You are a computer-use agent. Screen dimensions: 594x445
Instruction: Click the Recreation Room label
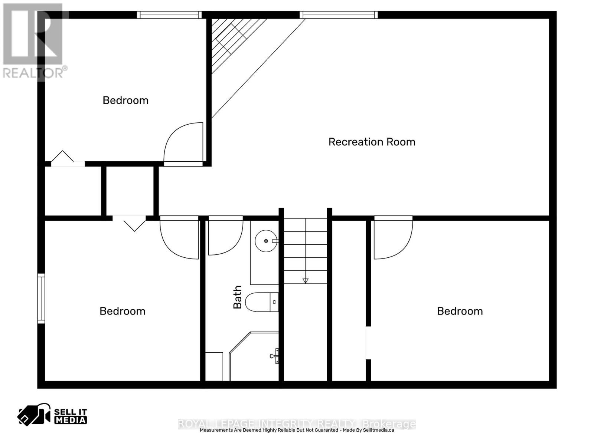[372, 142]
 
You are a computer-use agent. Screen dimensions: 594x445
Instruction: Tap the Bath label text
[237, 297]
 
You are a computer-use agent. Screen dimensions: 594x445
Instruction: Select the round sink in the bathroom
[266, 241]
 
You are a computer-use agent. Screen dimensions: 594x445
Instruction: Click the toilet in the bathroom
[262, 302]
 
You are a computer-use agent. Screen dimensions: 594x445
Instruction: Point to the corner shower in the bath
[254, 356]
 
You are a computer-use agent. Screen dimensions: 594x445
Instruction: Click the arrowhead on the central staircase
[305, 281]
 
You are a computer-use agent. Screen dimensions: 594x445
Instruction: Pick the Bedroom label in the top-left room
[125, 100]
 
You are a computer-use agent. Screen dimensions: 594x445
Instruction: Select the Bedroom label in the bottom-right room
[460, 311]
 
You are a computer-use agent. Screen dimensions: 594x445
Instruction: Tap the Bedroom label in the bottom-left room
[123, 311]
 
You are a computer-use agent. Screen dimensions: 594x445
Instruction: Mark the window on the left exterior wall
[41, 298]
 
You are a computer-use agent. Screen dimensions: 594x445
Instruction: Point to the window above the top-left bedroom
[169, 15]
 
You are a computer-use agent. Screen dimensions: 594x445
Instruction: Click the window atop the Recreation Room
[339, 15]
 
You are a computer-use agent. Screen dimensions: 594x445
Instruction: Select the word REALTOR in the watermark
[33, 73]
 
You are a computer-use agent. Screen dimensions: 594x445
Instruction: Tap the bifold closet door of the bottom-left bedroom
[129, 223]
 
